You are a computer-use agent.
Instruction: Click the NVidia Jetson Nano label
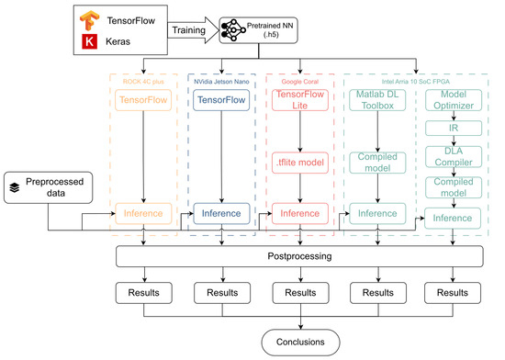220,80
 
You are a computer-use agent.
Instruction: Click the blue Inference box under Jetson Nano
220,213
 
